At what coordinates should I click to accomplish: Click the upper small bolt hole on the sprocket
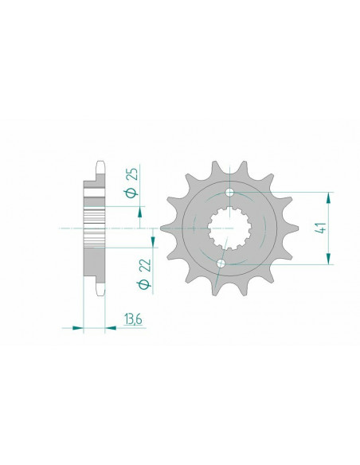click(x=230, y=193)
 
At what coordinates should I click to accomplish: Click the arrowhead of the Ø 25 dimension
click(x=141, y=212)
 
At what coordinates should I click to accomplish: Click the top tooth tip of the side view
click(x=100, y=163)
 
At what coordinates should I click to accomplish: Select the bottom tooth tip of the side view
click(x=100, y=293)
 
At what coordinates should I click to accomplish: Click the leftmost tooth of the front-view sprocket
click(x=166, y=229)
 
